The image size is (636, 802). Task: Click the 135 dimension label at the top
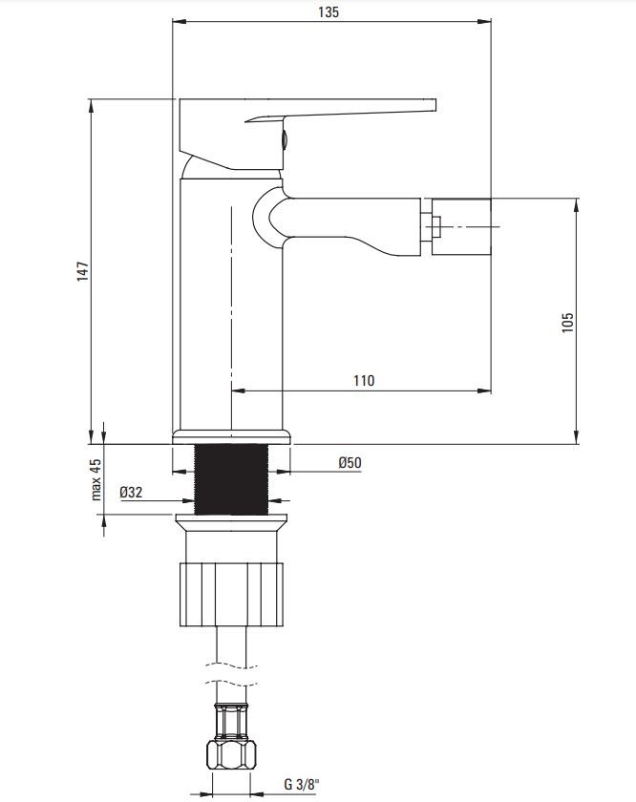coord(328,11)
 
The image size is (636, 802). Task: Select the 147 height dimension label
coord(82,271)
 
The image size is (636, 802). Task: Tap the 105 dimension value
coord(567,323)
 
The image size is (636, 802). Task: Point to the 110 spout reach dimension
coord(363,381)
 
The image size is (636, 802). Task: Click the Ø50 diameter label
coord(350,463)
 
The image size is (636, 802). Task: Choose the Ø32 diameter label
coord(131,493)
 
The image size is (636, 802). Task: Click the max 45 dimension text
coord(95,479)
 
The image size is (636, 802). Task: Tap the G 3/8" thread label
coord(302,784)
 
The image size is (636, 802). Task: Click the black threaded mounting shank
coord(231,479)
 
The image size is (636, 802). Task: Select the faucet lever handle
coord(307,133)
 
